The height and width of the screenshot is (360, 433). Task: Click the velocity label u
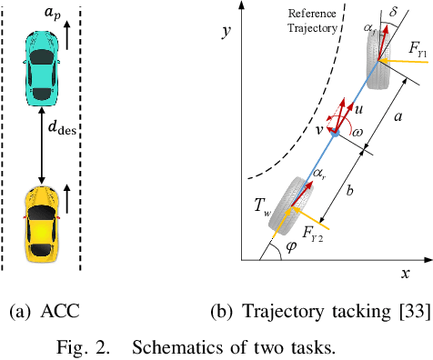(359, 107)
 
